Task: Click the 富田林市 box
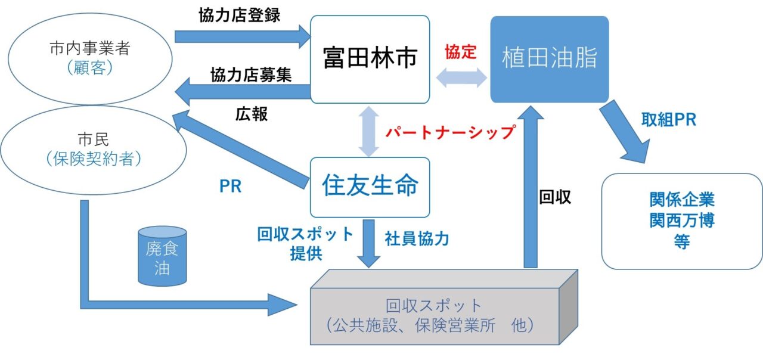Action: tap(370, 60)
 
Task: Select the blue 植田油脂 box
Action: tap(549, 60)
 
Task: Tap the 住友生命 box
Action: tap(370, 187)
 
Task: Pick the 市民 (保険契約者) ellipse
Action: tap(89, 150)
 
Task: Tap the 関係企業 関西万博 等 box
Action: tap(681, 221)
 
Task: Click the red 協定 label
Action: tap(461, 52)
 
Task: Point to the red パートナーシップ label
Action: tap(449, 132)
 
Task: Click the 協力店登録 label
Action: tap(239, 16)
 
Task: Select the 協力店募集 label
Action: tap(251, 76)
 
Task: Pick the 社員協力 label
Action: tap(417, 239)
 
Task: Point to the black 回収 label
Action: tap(555, 198)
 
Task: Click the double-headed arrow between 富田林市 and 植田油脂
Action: tap(461, 78)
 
